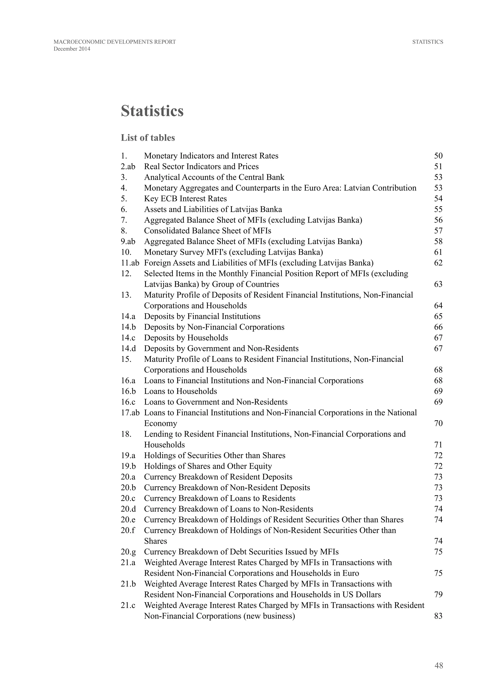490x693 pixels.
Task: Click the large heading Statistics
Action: click(x=152, y=111)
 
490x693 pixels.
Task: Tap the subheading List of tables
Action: click(x=148, y=138)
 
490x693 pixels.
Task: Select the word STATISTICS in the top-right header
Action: click(x=428, y=42)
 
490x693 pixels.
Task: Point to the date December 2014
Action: click(x=72, y=49)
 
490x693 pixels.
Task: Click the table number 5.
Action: click(x=124, y=199)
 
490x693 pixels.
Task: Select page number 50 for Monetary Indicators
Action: click(x=438, y=156)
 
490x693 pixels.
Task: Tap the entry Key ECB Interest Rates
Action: click(x=185, y=199)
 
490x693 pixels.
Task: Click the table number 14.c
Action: click(x=128, y=338)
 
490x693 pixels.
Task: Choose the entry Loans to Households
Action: click(x=180, y=391)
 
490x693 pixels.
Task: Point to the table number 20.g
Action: click(x=128, y=552)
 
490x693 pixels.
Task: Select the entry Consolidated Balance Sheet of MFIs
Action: click(x=208, y=231)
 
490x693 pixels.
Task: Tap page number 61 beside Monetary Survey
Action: click(x=438, y=252)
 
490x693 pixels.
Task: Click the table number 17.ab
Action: click(x=130, y=413)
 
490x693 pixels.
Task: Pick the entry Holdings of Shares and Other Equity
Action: click(x=208, y=466)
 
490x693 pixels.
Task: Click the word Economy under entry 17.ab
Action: click(x=161, y=424)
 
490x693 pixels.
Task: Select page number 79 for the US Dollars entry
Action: click(x=438, y=595)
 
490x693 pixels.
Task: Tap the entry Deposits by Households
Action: click(x=186, y=338)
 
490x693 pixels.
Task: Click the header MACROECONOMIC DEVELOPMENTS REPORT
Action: click(x=115, y=42)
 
